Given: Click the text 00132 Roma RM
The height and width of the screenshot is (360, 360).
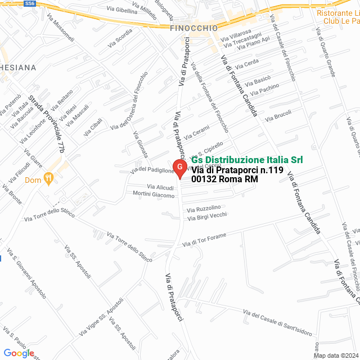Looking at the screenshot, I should [224, 179].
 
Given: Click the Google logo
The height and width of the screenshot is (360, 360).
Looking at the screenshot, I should [19, 353].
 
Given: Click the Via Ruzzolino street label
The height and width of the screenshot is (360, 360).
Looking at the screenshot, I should [204, 208].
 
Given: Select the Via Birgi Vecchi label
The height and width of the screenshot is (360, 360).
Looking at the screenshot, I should [207, 217].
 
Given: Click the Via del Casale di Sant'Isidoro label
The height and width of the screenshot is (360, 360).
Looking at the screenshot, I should [277, 322].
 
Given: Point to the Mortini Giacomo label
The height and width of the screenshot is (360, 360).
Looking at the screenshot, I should [154, 195].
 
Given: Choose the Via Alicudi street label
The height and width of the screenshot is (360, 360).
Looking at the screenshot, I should [160, 187].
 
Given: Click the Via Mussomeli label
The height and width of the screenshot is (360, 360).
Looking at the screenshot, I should [61, 28].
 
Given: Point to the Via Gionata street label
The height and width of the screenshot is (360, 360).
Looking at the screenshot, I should [141, 145].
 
